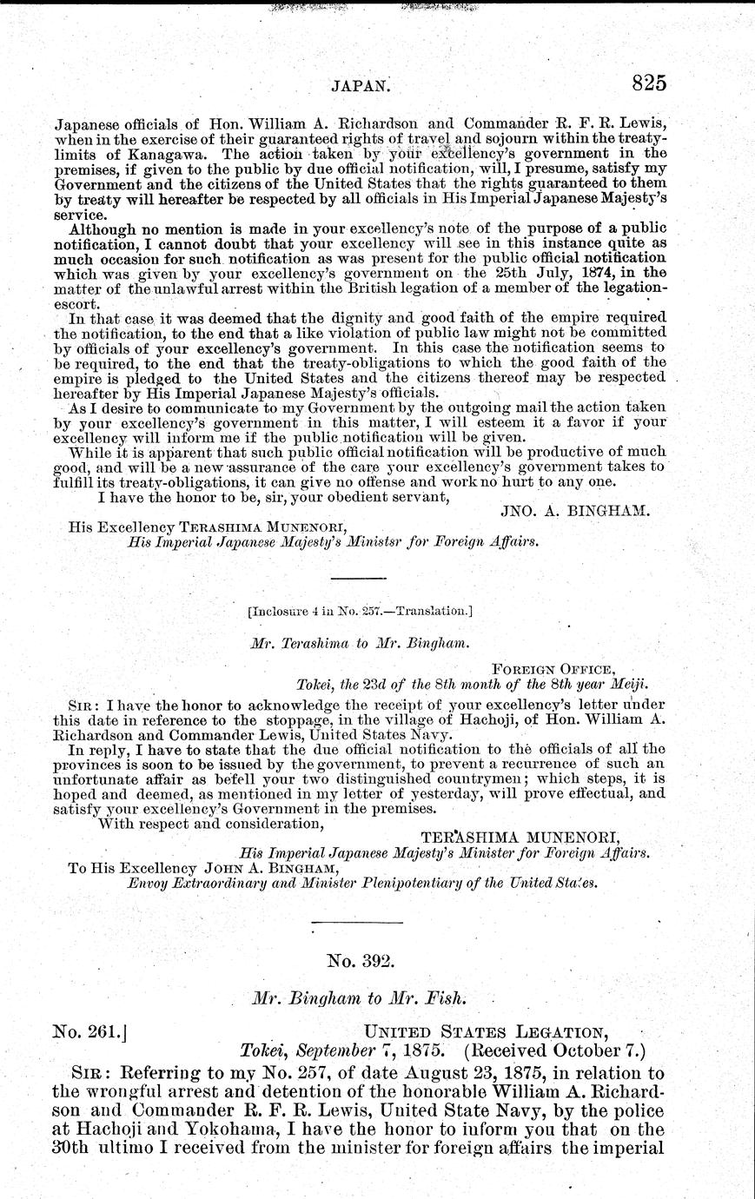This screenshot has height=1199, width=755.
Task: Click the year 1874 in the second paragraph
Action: [x=520, y=270]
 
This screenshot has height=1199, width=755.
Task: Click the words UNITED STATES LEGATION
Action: [x=484, y=1032]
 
